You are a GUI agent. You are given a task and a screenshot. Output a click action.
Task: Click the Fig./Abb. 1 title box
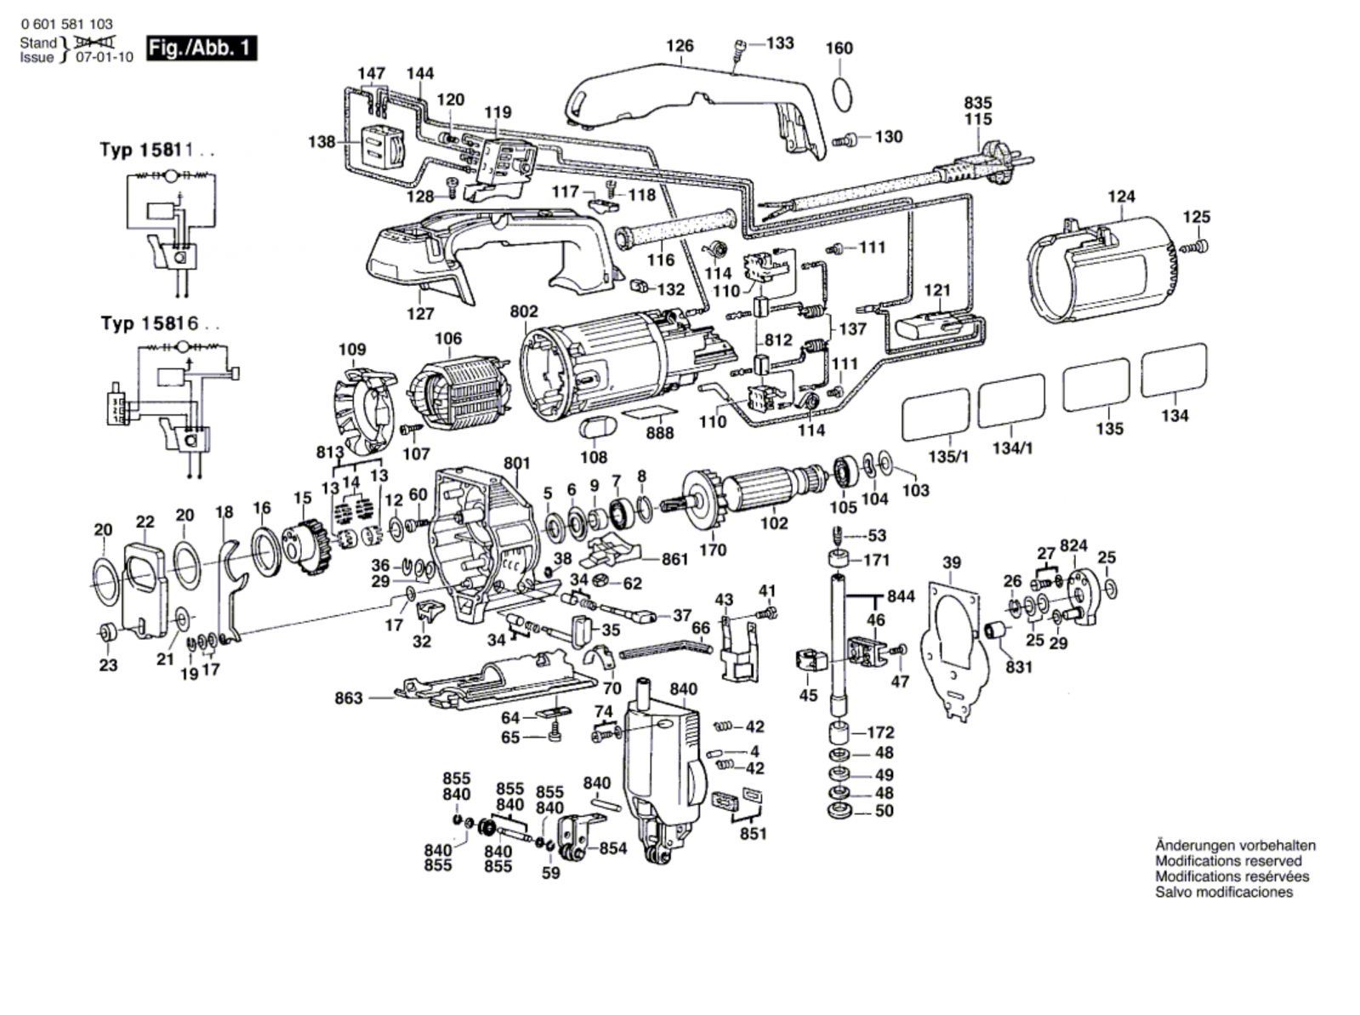point(201,48)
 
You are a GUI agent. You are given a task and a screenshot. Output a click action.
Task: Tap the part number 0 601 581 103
point(66,25)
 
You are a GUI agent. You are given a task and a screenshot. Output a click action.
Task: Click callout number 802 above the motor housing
point(524,311)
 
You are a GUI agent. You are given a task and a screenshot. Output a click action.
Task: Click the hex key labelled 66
point(664,651)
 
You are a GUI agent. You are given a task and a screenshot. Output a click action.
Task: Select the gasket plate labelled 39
point(953,647)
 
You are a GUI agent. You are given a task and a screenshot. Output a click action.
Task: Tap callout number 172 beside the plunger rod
point(881,732)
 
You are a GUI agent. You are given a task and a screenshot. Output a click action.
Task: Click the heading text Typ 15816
point(157,324)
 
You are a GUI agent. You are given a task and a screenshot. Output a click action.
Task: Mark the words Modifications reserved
point(1228,861)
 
